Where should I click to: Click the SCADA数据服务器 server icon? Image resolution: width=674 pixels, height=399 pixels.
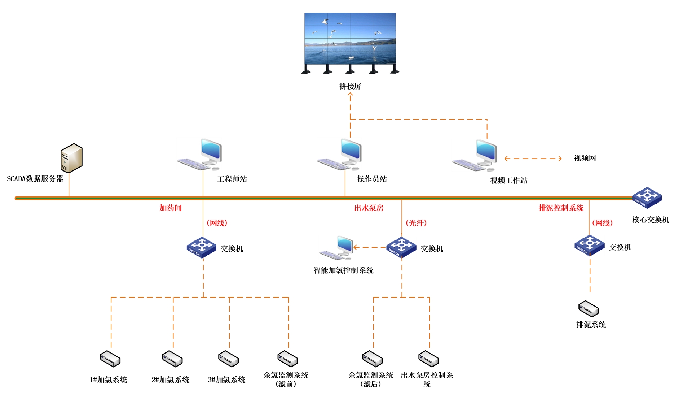pos(71,158)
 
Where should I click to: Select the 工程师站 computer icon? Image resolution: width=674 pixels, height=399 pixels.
pos(200,155)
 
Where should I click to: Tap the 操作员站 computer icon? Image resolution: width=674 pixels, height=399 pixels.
pos(340,155)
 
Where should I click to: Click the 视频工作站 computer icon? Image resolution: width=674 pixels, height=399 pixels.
pos(475,156)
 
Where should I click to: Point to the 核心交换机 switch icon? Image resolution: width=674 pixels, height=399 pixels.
pos(647,198)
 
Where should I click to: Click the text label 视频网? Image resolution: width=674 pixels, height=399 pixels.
pos(585,158)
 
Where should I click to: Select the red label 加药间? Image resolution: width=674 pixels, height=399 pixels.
pos(171,208)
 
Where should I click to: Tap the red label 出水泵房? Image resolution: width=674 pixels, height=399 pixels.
pos(369,208)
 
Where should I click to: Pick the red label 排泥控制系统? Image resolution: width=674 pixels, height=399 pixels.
pos(561,208)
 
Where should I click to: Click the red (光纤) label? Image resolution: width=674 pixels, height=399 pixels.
pos(416,223)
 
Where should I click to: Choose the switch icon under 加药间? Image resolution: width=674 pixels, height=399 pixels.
pos(202,247)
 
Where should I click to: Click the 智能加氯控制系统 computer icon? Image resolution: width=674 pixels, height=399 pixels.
pos(336,248)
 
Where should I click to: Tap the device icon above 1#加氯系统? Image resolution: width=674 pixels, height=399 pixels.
pos(110,359)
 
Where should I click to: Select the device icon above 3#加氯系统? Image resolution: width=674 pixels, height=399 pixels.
pos(228,359)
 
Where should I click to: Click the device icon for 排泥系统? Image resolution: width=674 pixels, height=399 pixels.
pos(589,309)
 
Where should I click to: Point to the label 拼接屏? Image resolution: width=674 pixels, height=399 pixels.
pos(350,86)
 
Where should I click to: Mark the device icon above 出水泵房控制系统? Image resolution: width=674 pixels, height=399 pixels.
pos(428,359)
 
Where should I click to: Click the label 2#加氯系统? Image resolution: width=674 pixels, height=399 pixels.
pos(170,380)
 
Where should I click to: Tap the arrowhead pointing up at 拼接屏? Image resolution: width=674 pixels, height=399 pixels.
pos(350,95)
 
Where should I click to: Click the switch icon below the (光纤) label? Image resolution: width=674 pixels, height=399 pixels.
pos(401,247)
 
